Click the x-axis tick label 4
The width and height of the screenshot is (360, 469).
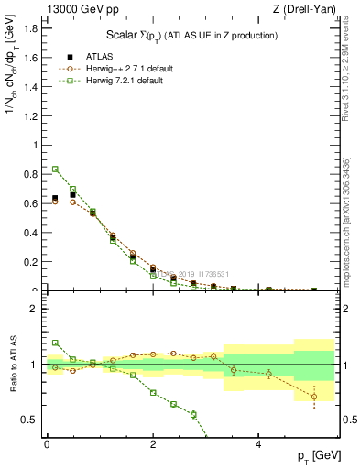point(259,442)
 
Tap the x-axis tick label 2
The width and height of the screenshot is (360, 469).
point(153,442)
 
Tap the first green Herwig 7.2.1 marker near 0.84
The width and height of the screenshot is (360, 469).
point(55,169)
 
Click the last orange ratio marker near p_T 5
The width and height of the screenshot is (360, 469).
point(313,397)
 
